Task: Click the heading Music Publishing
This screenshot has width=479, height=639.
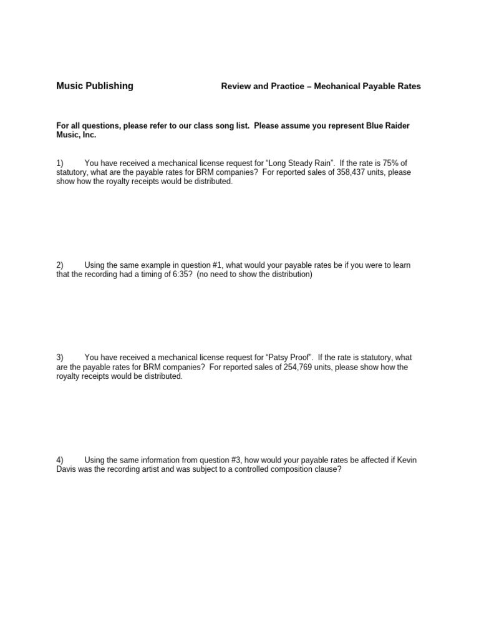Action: [x=95, y=86]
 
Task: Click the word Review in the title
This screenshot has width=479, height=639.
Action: [x=236, y=87]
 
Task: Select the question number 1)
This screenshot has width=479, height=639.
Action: [x=60, y=163]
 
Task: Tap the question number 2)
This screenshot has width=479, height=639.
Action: [x=60, y=265]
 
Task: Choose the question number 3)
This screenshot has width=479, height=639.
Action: [x=60, y=358]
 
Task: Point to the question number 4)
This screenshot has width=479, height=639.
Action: [x=60, y=460]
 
